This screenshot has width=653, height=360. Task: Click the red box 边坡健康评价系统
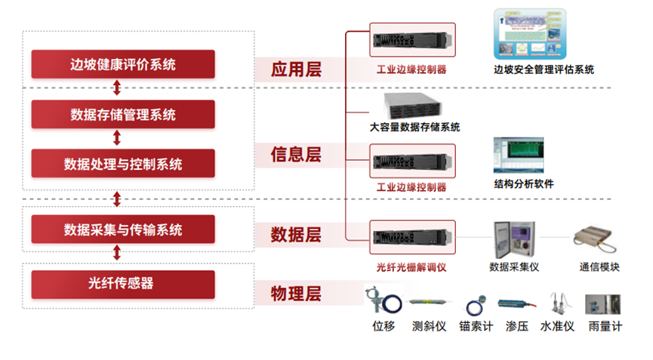[123, 64]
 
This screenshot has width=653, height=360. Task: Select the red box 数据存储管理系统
[123, 115]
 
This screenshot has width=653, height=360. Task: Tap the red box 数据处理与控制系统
[123, 164]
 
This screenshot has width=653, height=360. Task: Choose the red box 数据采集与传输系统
[123, 229]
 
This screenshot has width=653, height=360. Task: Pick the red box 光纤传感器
[123, 283]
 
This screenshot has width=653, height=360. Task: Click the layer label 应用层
[297, 69]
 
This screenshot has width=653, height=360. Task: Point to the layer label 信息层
[297, 155]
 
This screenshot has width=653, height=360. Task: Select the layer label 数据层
[297, 235]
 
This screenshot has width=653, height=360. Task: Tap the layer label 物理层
[297, 294]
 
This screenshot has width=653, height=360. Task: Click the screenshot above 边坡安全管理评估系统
[529, 34]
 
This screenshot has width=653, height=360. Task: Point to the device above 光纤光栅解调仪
[412, 237]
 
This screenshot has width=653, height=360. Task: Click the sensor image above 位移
[383, 300]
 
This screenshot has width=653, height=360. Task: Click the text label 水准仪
[557, 327]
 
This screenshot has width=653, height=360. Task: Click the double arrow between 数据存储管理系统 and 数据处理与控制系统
[117, 139]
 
